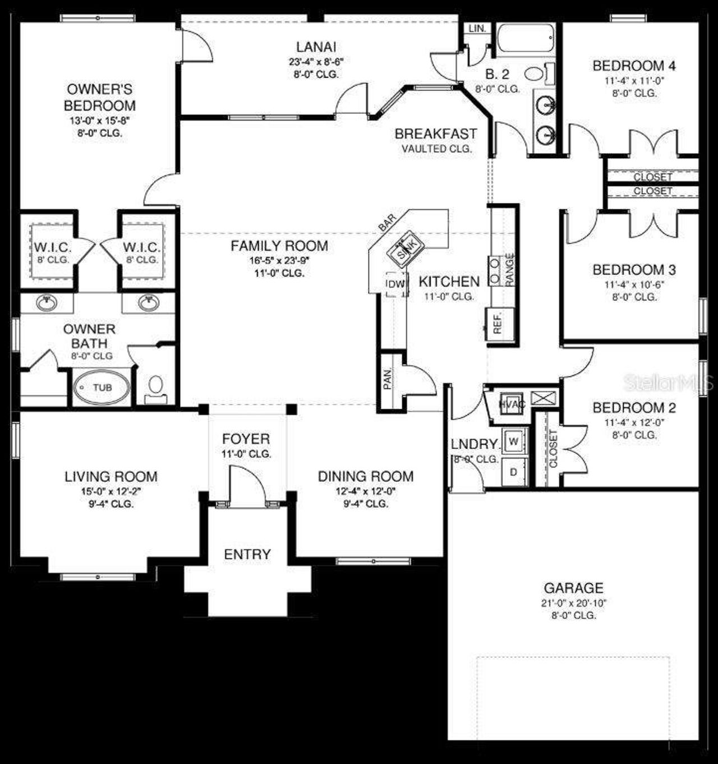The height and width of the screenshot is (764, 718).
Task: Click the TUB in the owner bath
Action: point(102,387)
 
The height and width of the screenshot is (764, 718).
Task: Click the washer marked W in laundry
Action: point(514,441)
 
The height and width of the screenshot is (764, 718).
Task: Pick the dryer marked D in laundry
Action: point(514,472)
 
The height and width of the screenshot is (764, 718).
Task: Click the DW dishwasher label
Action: point(396,284)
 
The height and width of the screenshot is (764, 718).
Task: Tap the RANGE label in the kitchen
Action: point(509,270)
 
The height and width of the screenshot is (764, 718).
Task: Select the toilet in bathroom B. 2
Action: point(535,73)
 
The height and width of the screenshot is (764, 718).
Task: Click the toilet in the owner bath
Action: point(155,386)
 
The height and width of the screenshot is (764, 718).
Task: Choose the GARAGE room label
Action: point(573,588)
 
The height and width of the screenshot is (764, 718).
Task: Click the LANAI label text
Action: point(316,47)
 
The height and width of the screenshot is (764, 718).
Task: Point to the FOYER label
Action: point(246,439)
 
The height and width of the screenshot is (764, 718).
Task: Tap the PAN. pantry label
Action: point(388,379)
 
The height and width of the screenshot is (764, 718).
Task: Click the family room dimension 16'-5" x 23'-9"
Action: point(279,260)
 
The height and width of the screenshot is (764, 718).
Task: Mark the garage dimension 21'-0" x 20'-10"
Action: point(573,603)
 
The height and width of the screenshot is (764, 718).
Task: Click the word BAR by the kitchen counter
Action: point(387,222)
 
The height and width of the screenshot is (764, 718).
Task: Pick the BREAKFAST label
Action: point(436,134)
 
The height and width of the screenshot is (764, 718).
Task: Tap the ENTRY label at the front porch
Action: point(247,554)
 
